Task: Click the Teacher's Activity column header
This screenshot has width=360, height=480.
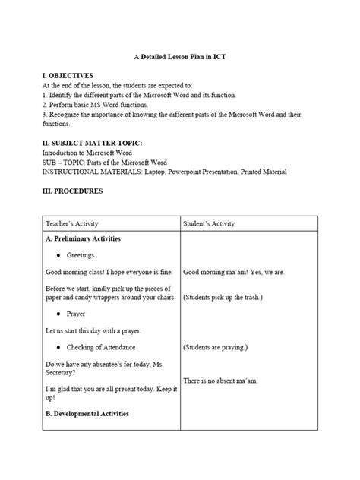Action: click(73, 224)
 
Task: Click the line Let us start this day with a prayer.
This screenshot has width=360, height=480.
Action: click(93, 330)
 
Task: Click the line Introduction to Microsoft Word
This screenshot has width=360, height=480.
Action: click(84, 152)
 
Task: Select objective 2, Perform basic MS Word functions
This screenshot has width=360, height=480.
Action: click(96, 104)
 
